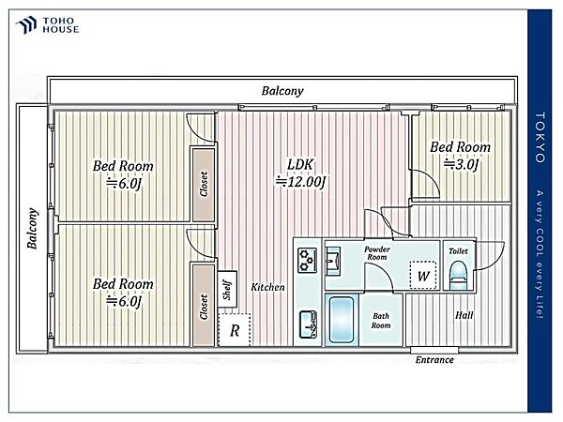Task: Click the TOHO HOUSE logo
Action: (x=47, y=25)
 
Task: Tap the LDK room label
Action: (x=300, y=165)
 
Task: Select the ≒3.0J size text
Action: (x=462, y=165)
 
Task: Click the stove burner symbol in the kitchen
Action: (x=308, y=259)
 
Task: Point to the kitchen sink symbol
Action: (x=308, y=324)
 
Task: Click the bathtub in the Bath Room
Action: (x=342, y=320)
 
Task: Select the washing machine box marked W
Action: (x=423, y=276)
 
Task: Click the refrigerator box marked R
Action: (x=235, y=330)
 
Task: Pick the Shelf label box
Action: (x=227, y=289)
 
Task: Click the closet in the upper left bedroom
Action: (x=204, y=184)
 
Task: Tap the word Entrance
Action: (x=434, y=359)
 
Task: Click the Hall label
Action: (x=464, y=315)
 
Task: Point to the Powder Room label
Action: (x=377, y=253)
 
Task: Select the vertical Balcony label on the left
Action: (x=32, y=228)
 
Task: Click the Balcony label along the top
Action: (x=282, y=91)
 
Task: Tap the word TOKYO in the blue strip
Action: (x=540, y=137)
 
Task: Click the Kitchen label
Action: (x=267, y=287)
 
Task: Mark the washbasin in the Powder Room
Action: (x=333, y=261)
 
